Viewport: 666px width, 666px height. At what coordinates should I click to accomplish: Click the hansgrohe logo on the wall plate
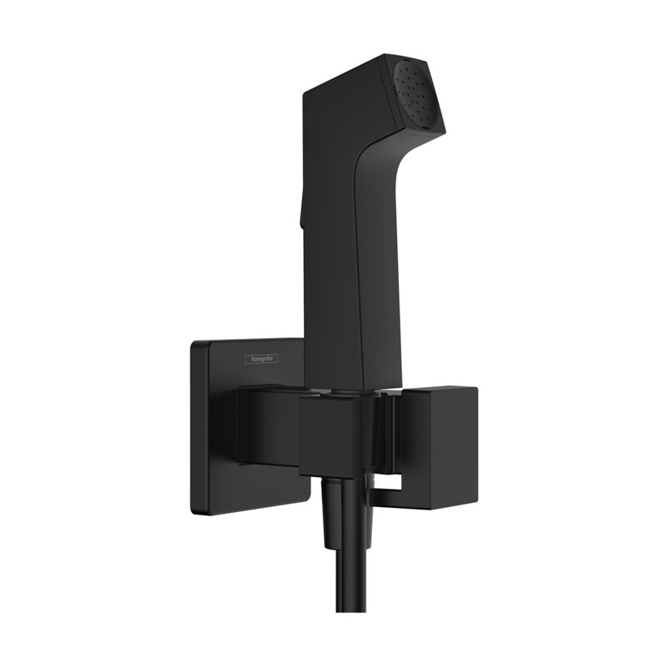pos(261,359)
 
